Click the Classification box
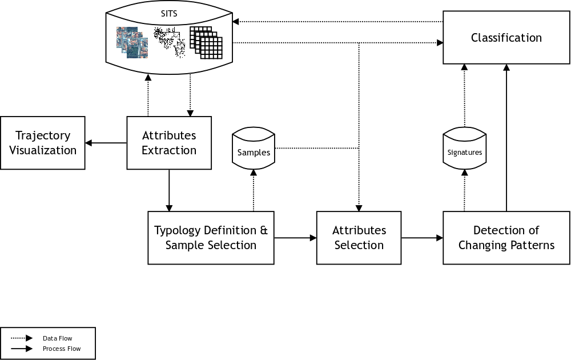[506, 38]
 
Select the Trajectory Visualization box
[43, 143]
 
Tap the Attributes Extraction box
[169, 143]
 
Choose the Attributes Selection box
[359, 238]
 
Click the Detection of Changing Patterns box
[506, 238]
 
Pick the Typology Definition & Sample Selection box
[211, 238]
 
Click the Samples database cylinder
[254, 150]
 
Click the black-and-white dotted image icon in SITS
[170, 43]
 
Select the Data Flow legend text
[57, 338]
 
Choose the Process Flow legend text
[62, 349]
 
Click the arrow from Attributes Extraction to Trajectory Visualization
[106, 143]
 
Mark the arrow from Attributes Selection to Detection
[422, 238]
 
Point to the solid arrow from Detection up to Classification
[506, 137]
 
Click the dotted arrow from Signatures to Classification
[464, 94]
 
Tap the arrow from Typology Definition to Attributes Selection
[295, 238]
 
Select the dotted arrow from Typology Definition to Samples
[254, 191]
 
